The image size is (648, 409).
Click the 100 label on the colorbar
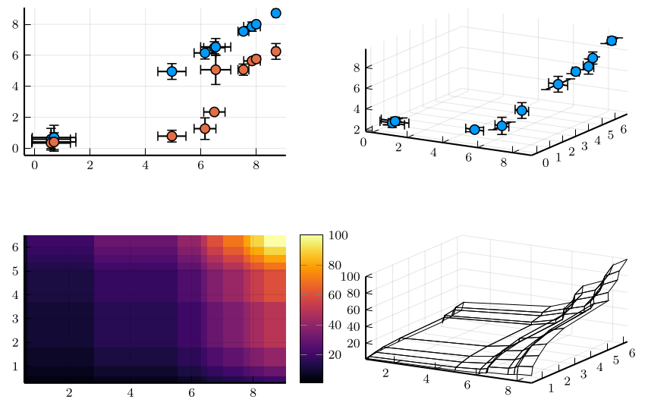pyautogui.click(x=338, y=236)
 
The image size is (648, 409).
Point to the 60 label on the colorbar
pyautogui.click(x=335, y=295)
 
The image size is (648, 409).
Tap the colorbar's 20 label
pyautogui.click(x=335, y=354)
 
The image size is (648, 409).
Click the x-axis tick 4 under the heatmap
pyautogui.click(x=131, y=392)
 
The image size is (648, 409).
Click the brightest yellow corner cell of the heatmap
pyautogui.click(x=275, y=240)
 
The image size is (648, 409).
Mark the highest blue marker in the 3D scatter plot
pyautogui.click(x=612, y=40)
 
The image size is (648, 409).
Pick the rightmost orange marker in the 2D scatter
pyautogui.click(x=275, y=52)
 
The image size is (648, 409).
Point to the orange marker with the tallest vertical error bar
pyautogui.click(x=215, y=70)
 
